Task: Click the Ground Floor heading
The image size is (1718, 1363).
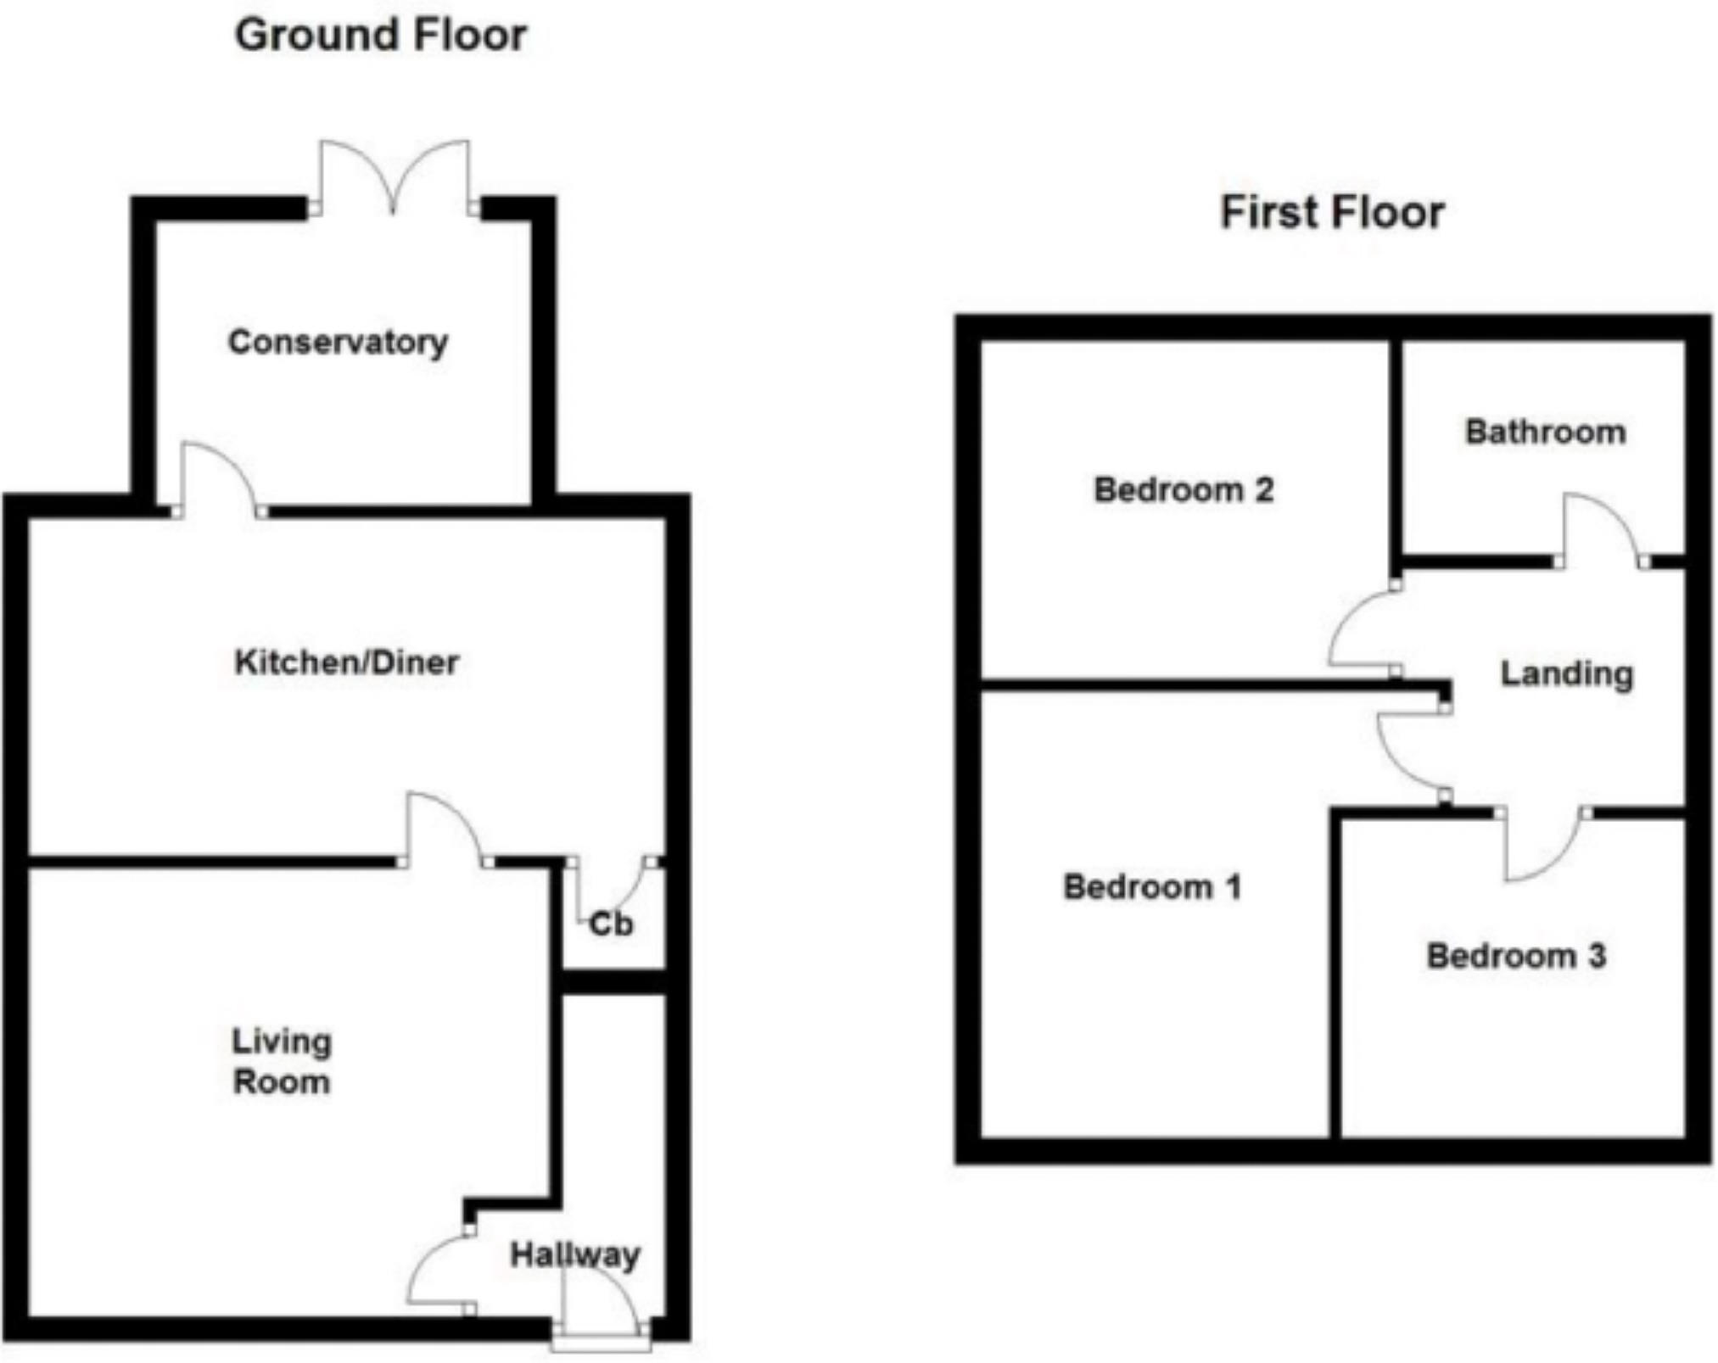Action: [380, 36]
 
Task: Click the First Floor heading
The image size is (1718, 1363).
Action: [1332, 212]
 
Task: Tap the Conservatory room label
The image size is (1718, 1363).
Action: [338, 342]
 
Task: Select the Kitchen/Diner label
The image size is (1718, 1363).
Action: [346, 662]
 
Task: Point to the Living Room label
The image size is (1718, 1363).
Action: [282, 1061]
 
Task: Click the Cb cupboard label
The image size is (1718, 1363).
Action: [611, 924]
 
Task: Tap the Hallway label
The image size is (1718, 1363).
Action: [574, 1254]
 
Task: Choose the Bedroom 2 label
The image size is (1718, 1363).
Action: [1184, 489]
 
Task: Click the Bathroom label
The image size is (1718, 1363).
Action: [1545, 432]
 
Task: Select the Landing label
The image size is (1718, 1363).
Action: [1566, 674]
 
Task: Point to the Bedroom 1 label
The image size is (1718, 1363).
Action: [1152, 887]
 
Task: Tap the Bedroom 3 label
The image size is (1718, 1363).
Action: [1516, 956]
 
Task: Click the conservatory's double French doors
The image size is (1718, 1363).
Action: [394, 178]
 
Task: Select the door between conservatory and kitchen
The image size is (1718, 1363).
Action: [217, 479]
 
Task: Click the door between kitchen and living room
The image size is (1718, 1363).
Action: [443, 830]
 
